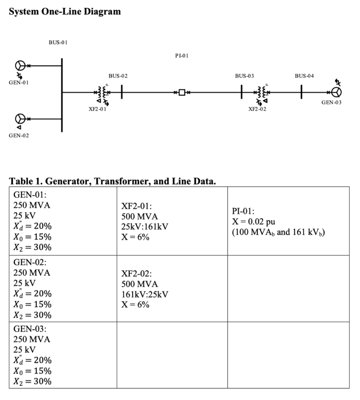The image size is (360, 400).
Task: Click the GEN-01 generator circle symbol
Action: [20, 66]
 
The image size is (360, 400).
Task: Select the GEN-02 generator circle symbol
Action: [20, 118]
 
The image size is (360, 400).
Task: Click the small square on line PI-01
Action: [182, 93]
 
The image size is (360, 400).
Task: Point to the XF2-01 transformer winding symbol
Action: [102, 93]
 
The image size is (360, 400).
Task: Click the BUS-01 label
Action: [58, 42]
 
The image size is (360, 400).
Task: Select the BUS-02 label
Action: [118, 75]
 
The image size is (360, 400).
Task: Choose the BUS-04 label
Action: [304, 75]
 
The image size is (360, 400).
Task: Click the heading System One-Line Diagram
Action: [65, 12]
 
